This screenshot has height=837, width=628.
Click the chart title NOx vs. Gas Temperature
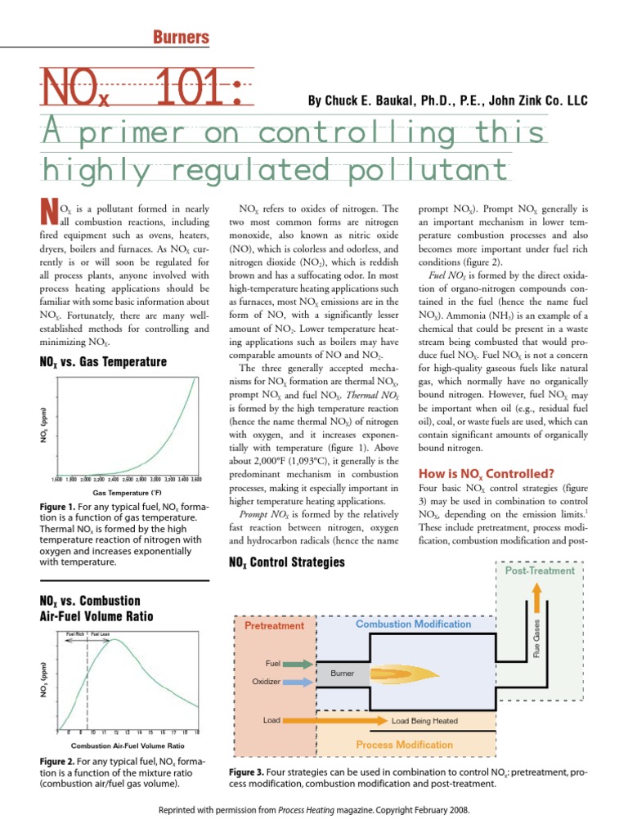(x=103, y=361)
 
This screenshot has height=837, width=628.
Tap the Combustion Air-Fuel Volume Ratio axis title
(x=127, y=745)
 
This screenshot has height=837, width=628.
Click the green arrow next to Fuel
(x=299, y=664)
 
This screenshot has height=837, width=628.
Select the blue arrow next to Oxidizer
(x=299, y=680)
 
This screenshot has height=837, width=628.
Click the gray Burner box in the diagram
(x=343, y=674)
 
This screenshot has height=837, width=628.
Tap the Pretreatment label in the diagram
(x=274, y=625)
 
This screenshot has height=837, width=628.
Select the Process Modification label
(x=404, y=745)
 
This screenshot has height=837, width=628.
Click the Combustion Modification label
(x=413, y=624)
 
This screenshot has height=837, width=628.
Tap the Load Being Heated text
(x=424, y=721)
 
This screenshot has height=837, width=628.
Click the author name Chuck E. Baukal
(x=369, y=101)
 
